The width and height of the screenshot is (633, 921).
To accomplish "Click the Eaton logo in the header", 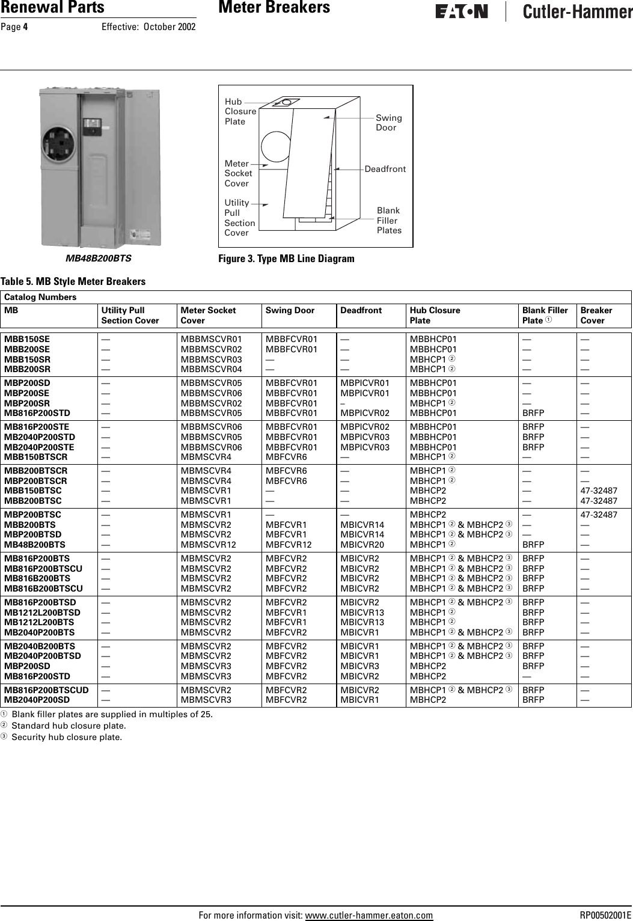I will coord(461,12).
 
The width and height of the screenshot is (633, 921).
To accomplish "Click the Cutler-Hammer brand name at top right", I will coord(577,12).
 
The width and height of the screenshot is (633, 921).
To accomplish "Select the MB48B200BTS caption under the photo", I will coord(99,259).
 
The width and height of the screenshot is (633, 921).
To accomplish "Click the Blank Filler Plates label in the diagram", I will coord(389,221).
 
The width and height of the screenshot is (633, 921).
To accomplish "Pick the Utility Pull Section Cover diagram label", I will coord(239,218).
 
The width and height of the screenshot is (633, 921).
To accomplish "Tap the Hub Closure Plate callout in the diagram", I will coord(240,111).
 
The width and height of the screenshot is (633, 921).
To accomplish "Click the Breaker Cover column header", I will coord(596,315).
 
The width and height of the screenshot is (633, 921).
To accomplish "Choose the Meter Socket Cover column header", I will coord(208,315).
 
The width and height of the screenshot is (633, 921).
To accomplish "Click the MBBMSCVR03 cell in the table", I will coord(211,359).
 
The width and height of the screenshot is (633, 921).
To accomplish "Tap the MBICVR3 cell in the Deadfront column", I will coord(359,666).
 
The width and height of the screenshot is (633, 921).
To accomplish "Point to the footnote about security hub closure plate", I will coord(66,737).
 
